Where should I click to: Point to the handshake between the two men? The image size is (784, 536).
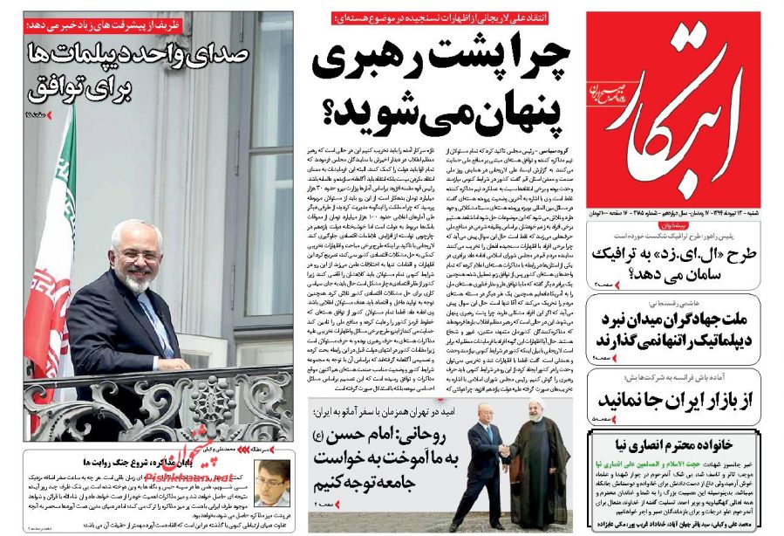[505, 452]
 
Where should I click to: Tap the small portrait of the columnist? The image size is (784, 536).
[273, 484]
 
